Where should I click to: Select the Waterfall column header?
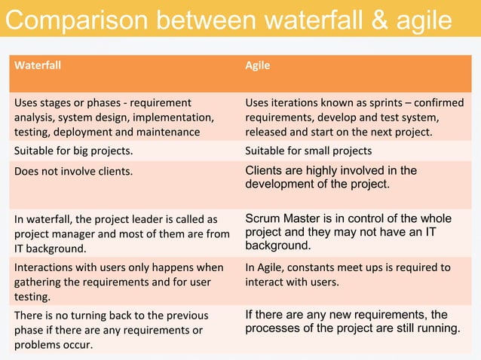coord(38,66)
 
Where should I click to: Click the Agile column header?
coord(258,66)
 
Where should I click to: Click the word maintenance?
coord(172,132)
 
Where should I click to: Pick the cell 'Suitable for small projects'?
coord(308,150)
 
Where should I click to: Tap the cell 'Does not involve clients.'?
coord(73,171)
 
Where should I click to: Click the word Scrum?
coord(262,218)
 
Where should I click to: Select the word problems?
coord(38,344)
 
